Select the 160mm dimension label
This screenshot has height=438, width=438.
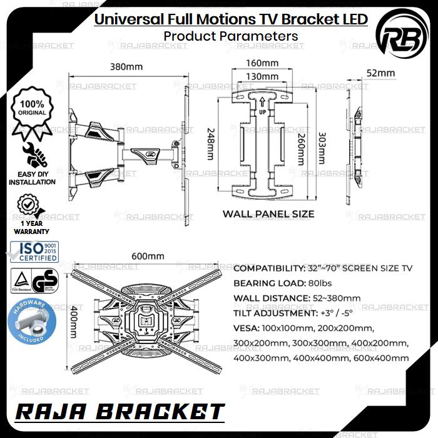pyautogui.click(x=262, y=63)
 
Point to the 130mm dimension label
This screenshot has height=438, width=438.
pyautogui.click(x=262, y=76)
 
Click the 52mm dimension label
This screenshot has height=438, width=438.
pyautogui.click(x=380, y=73)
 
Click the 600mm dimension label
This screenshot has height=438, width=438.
pyautogui.click(x=148, y=256)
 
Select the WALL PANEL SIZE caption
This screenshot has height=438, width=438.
pyautogui.click(x=268, y=214)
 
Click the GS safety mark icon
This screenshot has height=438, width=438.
pyautogui.click(x=42, y=282)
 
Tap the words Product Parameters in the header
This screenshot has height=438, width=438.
pyautogui.click(x=231, y=36)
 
